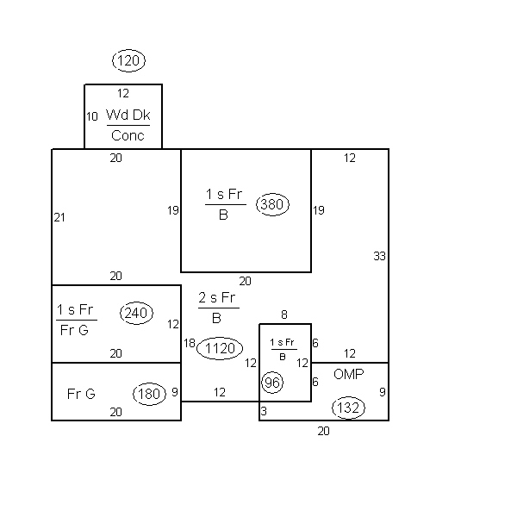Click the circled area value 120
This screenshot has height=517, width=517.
pyautogui.click(x=128, y=60)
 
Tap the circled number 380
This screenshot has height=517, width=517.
pyautogui.click(x=272, y=204)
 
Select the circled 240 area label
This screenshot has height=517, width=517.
pyautogui.click(x=136, y=313)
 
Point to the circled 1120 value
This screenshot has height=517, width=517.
pyautogui.click(x=220, y=348)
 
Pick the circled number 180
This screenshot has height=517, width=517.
pyautogui.click(x=149, y=394)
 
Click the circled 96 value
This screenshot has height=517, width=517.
pyautogui.click(x=272, y=383)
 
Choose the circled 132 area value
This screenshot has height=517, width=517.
pyautogui.click(x=348, y=408)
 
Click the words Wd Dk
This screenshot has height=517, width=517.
pyautogui.click(x=128, y=115)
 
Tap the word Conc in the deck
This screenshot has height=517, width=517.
pyautogui.click(x=128, y=135)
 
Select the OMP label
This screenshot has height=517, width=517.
pyautogui.click(x=348, y=374)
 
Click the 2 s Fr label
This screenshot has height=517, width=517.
pyautogui.click(x=216, y=298)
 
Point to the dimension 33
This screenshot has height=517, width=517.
pyautogui.click(x=379, y=256)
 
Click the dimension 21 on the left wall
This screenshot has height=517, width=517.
pyautogui.click(x=59, y=218)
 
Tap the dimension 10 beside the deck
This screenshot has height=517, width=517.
pyautogui.click(x=92, y=116)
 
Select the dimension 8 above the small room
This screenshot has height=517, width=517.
pyautogui.click(x=284, y=315)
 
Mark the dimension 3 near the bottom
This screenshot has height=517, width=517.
pyautogui.click(x=264, y=412)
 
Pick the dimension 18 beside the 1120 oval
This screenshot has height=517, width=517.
pyautogui.click(x=190, y=343)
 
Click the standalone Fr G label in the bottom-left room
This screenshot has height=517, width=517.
pyautogui.click(x=81, y=394)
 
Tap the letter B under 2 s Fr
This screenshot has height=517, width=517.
pyautogui.click(x=216, y=319)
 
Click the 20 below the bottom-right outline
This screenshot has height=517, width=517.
pyautogui.click(x=323, y=432)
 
